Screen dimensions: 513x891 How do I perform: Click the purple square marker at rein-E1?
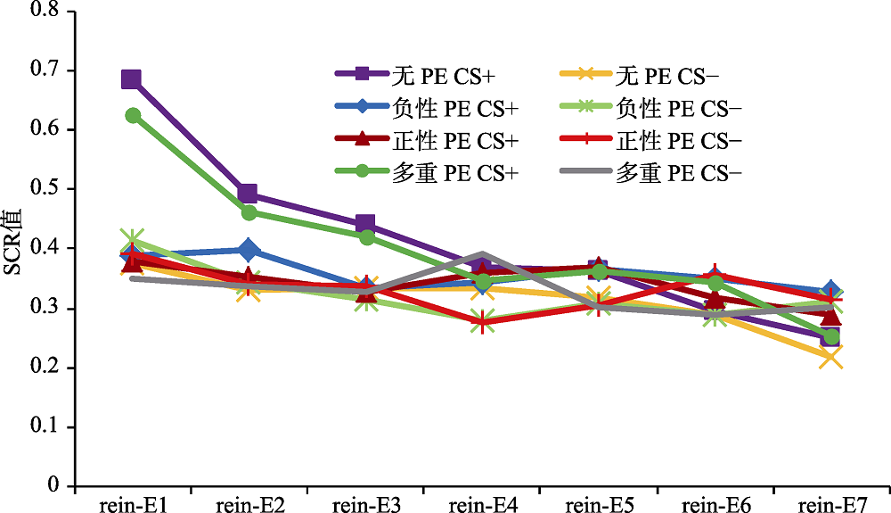pyautogui.click(x=132, y=79)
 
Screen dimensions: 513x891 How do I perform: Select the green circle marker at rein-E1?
pyautogui.click(x=133, y=115)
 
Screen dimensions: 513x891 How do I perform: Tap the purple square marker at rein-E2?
pyautogui.click(x=248, y=194)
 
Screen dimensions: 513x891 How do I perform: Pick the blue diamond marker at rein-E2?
pyautogui.click(x=248, y=250)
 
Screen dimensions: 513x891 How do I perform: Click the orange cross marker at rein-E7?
pyautogui.click(x=830, y=358)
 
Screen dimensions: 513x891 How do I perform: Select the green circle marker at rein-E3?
pyautogui.click(x=364, y=236)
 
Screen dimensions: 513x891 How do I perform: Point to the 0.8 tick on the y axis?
pyautogui.click(x=44, y=11)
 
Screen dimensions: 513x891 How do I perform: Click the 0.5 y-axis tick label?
pyautogui.click(x=44, y=189)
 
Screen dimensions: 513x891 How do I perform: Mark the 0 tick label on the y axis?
pyautogui.click(x=53, y=486)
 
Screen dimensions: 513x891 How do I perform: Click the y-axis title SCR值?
pyautogui.click(x=13, y=242)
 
